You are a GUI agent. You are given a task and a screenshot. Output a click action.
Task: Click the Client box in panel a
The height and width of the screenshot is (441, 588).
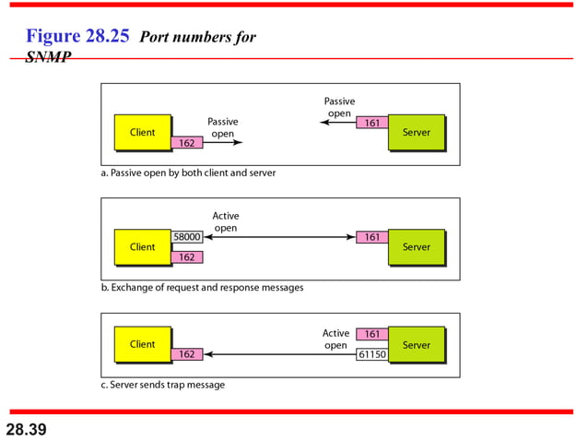(x=142, y=133)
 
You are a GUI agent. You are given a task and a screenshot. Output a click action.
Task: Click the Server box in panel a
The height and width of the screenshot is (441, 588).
(x=416, y=133)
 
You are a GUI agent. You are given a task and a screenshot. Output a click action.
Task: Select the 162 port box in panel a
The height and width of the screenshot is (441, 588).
(x=186, y=143)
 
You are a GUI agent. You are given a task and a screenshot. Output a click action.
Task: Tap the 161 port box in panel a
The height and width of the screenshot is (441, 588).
(x=371, y=122)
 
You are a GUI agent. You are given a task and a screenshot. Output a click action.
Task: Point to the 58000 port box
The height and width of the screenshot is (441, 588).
(x=186, y=237)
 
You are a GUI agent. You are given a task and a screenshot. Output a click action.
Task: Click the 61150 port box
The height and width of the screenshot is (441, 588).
(x=371, y=353)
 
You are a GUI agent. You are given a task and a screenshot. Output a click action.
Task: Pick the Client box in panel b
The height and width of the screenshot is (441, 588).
(x=142, y=247)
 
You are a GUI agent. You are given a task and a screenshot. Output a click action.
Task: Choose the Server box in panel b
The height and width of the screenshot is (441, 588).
(x=416, y=247)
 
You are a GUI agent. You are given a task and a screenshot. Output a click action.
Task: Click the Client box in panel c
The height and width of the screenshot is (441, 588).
(x=142, y=344)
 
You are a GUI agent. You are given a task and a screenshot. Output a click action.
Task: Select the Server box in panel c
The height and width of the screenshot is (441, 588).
(x=416, y=344)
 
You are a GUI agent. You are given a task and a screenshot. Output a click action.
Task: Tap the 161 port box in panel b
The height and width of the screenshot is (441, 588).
(x=371, y=237)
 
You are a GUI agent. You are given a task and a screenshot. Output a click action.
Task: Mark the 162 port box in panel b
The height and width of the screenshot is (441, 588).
(x=186, y=257)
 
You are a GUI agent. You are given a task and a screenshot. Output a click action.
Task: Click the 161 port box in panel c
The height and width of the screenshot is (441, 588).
(x=371, y=334)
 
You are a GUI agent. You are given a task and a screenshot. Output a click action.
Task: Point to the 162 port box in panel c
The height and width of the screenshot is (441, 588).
(x=186, y=354)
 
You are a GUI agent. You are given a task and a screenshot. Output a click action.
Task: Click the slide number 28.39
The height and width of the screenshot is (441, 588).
(x=26, y=429)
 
